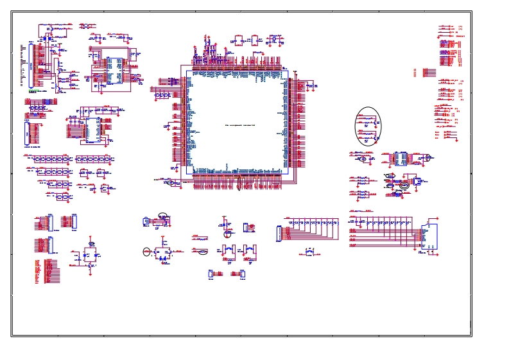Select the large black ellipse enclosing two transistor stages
(x=368, y=126)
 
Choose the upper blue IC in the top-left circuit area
(x=114, y=71)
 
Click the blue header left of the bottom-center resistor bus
(x=279, y=234)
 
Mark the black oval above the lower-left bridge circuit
(x=92, y=244)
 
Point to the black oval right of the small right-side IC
(x=426, y=157)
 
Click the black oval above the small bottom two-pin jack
(x=163, y=216)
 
